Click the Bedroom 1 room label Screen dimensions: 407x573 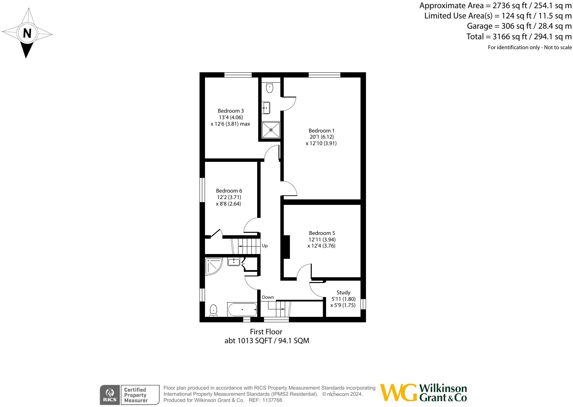pyautogui.click(x=321, y=130)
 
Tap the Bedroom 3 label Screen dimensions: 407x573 pyautogui.click(x=231, y=111)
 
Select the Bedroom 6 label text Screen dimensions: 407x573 pyautogui.click(x=229, y=191)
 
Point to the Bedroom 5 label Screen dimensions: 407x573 pyautogui.click(x=322, y=233)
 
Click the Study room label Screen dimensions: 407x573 pyautogui.click(x=343, y=292)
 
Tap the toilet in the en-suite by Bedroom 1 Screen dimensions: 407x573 pyautogui.click(x=270, y=87)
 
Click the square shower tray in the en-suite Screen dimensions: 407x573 pyautogui.click(x=271, y=130)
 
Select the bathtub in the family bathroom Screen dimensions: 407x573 pyautogui.click(x=242, y=310)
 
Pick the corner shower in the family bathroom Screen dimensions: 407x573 pyautogui.click(x=213, y=266)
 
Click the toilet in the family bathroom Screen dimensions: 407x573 pyautogui.click(x=214, y=310)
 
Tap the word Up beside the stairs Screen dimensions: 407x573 pyautogui.click(x=265, y=245)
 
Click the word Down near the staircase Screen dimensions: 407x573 pyautogui.click(x=268, y=297)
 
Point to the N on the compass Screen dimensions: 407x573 pyautogui.click(x=27, y=33)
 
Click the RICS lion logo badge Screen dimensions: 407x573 pyautogui.click(x=110, y=395)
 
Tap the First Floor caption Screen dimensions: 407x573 pyautogui.click(x=266, y=332)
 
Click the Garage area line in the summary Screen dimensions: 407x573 pyautogui.click(x=519, y=26)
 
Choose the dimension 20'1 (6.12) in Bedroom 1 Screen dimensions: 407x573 pyautogui.click(x=321, y=137)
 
